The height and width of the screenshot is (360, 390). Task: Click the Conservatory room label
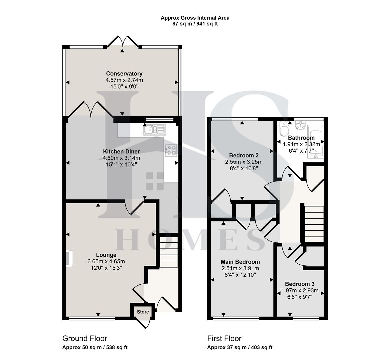click(124, 74)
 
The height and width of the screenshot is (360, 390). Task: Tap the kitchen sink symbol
click(154, 129)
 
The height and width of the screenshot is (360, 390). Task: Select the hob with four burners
click(171, 150)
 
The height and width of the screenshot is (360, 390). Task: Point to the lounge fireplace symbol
click(68, 259)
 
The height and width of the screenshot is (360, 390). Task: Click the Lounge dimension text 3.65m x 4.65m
click(106, 261)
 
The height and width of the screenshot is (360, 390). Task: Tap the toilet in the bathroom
click(284, 130)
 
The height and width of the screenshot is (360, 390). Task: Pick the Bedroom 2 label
click(244, 155)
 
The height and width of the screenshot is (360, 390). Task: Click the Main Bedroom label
click(240, 262)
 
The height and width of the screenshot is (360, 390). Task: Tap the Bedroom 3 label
click(299, 284)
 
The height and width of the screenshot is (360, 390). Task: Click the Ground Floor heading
click(85, 339)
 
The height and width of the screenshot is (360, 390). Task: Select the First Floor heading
click(224, 339)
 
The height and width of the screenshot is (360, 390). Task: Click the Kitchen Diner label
click(121, 152)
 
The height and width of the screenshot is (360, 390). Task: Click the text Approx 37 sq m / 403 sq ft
click(240, 347)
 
